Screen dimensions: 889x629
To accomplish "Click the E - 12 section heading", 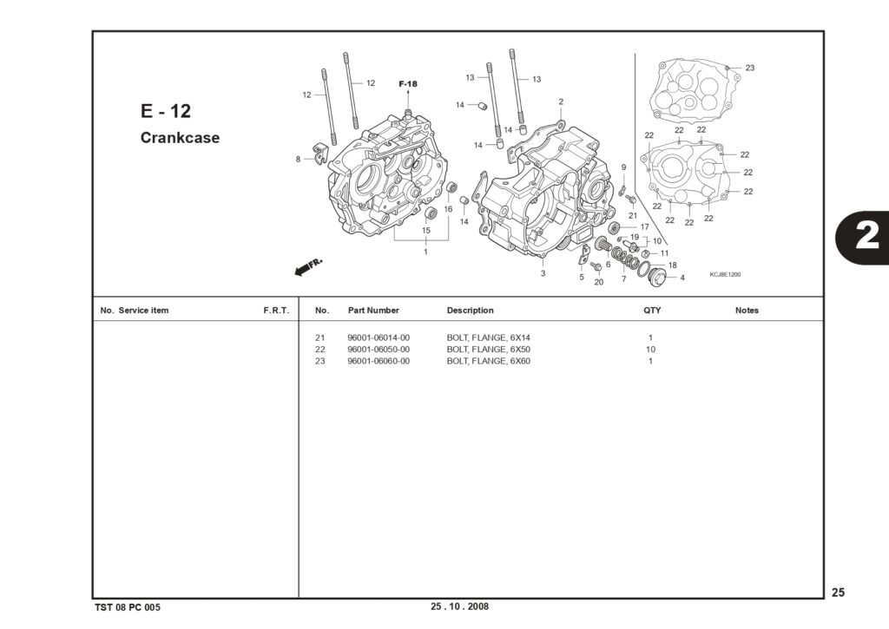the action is click(166, 110).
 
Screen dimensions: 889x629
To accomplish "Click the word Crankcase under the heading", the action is click(180, 138).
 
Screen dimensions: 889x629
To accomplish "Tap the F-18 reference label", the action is click(408, 84).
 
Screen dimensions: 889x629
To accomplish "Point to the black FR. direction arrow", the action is click(308, 267).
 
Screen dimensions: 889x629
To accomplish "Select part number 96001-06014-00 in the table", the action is click(379, 337).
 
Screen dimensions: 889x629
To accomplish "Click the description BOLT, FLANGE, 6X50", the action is click(488, 350).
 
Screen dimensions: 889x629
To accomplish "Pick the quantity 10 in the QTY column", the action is click(650, 350).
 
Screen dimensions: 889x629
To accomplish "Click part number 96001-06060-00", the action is click(379, 362).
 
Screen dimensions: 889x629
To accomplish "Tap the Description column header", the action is click(470, 311).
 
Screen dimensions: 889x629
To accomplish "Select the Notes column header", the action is click(747, 311).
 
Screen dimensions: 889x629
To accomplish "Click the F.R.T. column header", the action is click(276, 311).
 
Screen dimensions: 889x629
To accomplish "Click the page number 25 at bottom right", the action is click(838, 593).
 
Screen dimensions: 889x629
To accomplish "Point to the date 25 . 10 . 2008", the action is click(459, 606).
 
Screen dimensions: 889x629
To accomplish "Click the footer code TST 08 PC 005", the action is click(128, 607).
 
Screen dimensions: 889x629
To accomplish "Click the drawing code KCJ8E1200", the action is click(725, 275).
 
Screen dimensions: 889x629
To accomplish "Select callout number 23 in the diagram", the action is click(750, 68).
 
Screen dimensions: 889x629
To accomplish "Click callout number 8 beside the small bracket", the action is click(299, 160).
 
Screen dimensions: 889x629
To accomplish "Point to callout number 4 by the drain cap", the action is click(682, 278).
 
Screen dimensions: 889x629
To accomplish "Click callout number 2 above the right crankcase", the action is click(561, 102).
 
